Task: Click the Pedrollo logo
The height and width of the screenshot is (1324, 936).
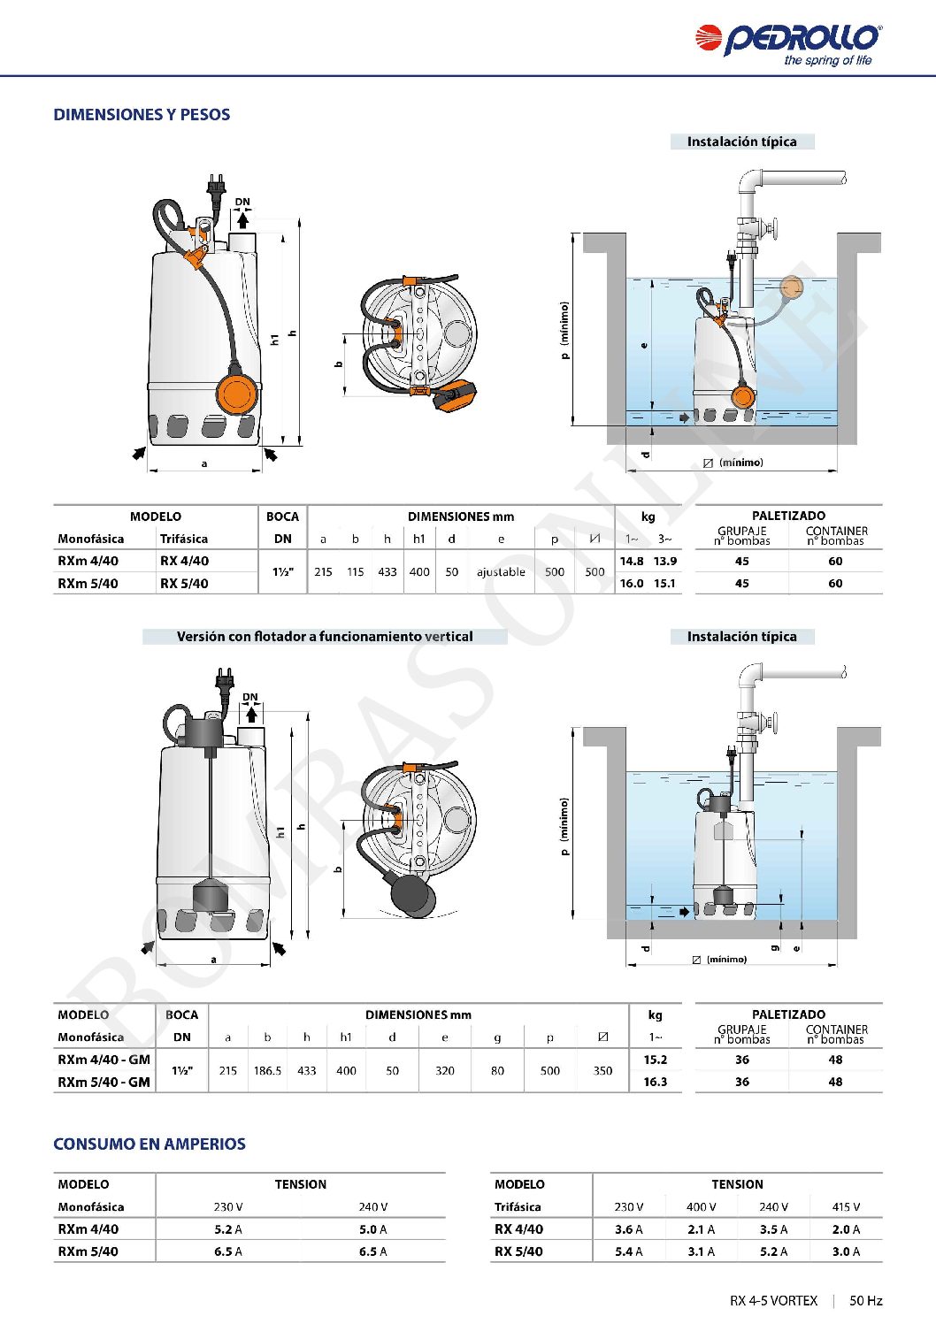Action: click(788, 44)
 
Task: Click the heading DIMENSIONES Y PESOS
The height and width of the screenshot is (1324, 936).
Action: click(142, 115)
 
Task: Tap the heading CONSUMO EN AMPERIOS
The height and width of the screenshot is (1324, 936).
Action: click(150, 1144)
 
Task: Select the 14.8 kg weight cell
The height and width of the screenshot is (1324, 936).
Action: click(632, 561)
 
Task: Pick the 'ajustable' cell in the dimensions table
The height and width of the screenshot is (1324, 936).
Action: click(501, 571)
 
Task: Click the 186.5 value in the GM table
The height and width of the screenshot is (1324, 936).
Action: click(267, 1070)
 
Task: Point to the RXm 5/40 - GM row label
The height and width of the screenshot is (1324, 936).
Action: click(104, 1082)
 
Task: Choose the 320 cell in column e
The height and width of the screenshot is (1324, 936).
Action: click(445, 1070)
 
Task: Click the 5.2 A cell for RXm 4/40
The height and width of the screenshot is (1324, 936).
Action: click(228, 1229)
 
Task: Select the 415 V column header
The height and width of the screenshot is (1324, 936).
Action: click(846, 1207)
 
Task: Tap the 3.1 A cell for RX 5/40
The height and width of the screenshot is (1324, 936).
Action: click(702, 1251)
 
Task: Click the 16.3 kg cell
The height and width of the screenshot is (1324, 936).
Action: click(656, 1082)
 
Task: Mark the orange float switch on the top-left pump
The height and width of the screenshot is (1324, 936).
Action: click(236, 394)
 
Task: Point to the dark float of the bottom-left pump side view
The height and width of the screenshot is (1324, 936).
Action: click(210, 897)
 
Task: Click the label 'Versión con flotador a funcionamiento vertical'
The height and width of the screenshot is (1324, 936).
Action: click(325, 637)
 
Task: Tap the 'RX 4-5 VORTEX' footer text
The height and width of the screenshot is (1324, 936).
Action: click(773, 1300)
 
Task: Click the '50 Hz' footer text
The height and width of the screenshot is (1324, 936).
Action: click(865, 1300)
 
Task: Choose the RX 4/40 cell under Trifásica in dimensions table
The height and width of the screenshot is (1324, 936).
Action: click(184, 561)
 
